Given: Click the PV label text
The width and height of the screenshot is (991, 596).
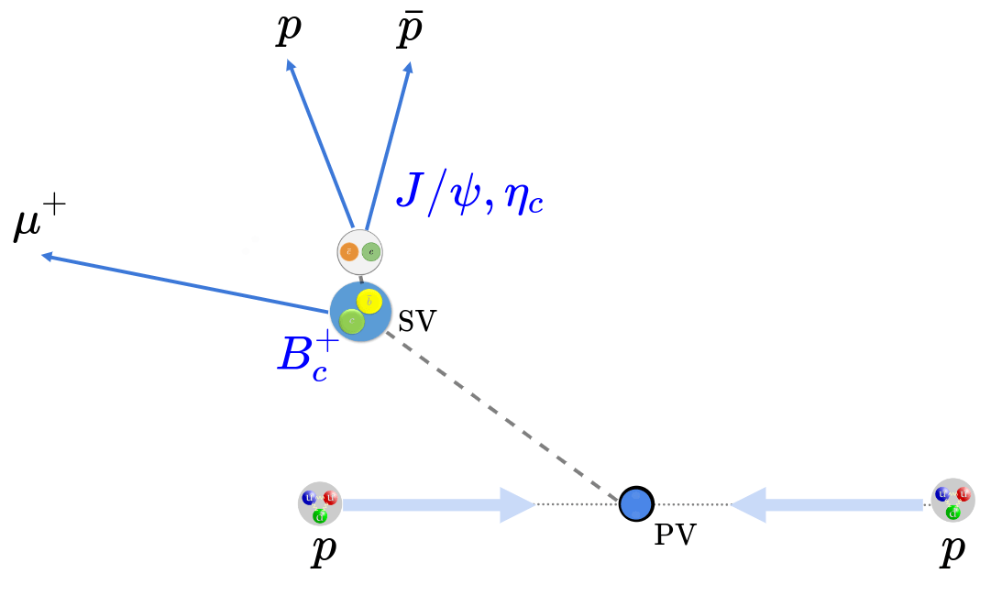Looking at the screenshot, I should click(x=676, y=535).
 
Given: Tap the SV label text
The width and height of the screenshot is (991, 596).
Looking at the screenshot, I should click(x=417, y=321).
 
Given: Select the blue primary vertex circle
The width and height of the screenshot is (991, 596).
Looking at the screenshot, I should click(x=635, y=503).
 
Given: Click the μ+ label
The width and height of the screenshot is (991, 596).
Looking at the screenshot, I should click(x=39, y=224).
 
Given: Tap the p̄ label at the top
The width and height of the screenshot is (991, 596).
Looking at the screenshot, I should click(x=409, y=30).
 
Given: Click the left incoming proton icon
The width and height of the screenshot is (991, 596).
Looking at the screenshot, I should click(x=319, y=503).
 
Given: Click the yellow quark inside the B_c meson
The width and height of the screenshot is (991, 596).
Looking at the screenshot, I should click(x=369, y=301).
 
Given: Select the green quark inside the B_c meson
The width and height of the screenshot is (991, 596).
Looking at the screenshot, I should click(x=351, y=321).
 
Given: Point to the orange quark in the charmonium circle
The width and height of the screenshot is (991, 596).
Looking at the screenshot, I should click(x=348, y=251).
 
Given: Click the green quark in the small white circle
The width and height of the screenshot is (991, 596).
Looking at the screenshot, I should click(x=370, y=251).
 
